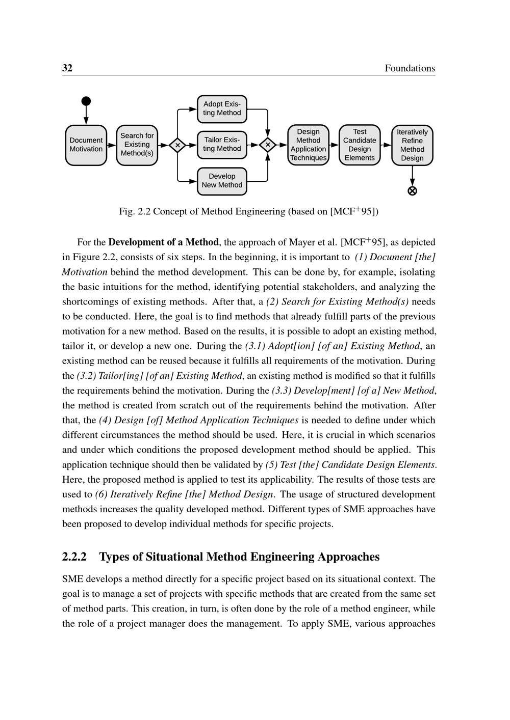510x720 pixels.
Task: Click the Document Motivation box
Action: tap(86, 145)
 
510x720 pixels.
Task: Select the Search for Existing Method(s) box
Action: tap(137, 145)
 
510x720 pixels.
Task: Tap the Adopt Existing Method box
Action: tap(222, 109)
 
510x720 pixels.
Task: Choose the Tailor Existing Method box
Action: tap(222, 145)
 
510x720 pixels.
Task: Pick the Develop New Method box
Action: tap(222, 181)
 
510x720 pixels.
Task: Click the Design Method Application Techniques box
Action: tap(308, 145)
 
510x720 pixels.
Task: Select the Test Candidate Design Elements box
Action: tap(360, 145)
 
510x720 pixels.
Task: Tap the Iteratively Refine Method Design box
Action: tap(412, 145)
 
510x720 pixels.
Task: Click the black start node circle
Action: tap(86, 101)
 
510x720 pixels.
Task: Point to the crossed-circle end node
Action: tap(412, 191)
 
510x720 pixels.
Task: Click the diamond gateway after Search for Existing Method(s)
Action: tap(177, 145)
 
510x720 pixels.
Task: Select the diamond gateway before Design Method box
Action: tap(267, 145)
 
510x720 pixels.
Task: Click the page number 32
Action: tap(67, 68)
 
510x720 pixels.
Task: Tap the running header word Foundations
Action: tap(410, 68)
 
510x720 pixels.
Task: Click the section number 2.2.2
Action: tap(74, 557)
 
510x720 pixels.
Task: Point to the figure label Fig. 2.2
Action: tap(134, 211)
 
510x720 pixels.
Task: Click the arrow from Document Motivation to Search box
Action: tap(112, 145)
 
